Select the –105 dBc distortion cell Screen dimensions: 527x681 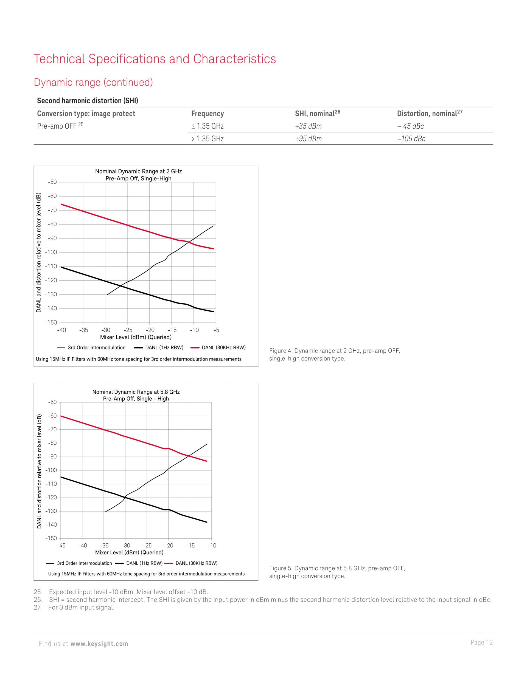click(411, 138)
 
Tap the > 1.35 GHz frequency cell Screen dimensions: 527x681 click(208, 138)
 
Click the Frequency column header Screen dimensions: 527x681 click(208, 113)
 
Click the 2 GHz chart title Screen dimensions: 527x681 click(138, 175)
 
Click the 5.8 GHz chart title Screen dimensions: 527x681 click(136, 395)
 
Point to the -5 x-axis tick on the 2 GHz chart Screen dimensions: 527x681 click(216, 330)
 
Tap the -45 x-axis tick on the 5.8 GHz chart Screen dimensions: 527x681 click(61, 545)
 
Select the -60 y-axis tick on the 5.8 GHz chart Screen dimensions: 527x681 click(52, 416)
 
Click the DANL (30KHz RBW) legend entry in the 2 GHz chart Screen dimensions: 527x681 click(218, 347)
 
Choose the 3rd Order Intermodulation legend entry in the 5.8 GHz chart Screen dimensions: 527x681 click(79, 563)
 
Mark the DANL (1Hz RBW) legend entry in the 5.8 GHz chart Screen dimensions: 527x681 click(139, 563)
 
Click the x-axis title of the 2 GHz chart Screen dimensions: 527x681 click(136, 337)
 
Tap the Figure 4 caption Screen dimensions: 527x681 click(335, 354)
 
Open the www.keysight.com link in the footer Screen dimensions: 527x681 click(99, 644)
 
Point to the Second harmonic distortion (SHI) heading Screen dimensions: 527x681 click(87, 101)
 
